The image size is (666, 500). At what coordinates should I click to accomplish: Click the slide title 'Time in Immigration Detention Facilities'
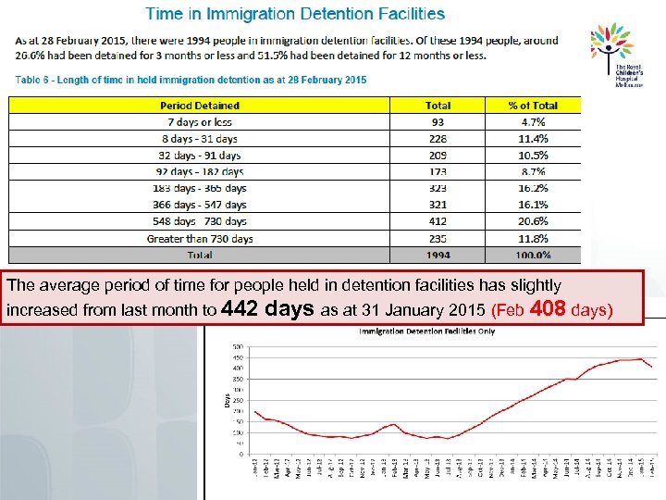click(x=295, y=15)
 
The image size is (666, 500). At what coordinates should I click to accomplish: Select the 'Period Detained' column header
click(x=200, y=106)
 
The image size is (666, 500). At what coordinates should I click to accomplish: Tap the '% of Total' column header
click(x=534, y=106)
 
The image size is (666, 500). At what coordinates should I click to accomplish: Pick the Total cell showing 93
click(x=438, y=122)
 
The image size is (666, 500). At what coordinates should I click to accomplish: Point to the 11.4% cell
click(x=534, y=139)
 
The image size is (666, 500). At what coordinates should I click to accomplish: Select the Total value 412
click(x=438, y=221)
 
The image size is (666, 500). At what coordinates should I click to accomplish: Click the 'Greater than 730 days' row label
click(x=200, y=238)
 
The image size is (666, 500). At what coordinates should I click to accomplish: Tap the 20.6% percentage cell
click(x=534, y=221)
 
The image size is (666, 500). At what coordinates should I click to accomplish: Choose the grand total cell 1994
click(x=438, y=255)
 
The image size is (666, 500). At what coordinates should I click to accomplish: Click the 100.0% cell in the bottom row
click(x=534, y=255)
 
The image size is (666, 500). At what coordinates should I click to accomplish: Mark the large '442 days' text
click(x=271, y=308)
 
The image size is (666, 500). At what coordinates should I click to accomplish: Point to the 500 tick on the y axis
click(x=237, y=347)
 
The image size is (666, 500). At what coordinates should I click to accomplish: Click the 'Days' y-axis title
click(x=225, y=400)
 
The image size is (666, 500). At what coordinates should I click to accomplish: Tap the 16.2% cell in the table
click(x=534, y=188)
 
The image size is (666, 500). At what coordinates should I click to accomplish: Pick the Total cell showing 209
click(x=438, y=156)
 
